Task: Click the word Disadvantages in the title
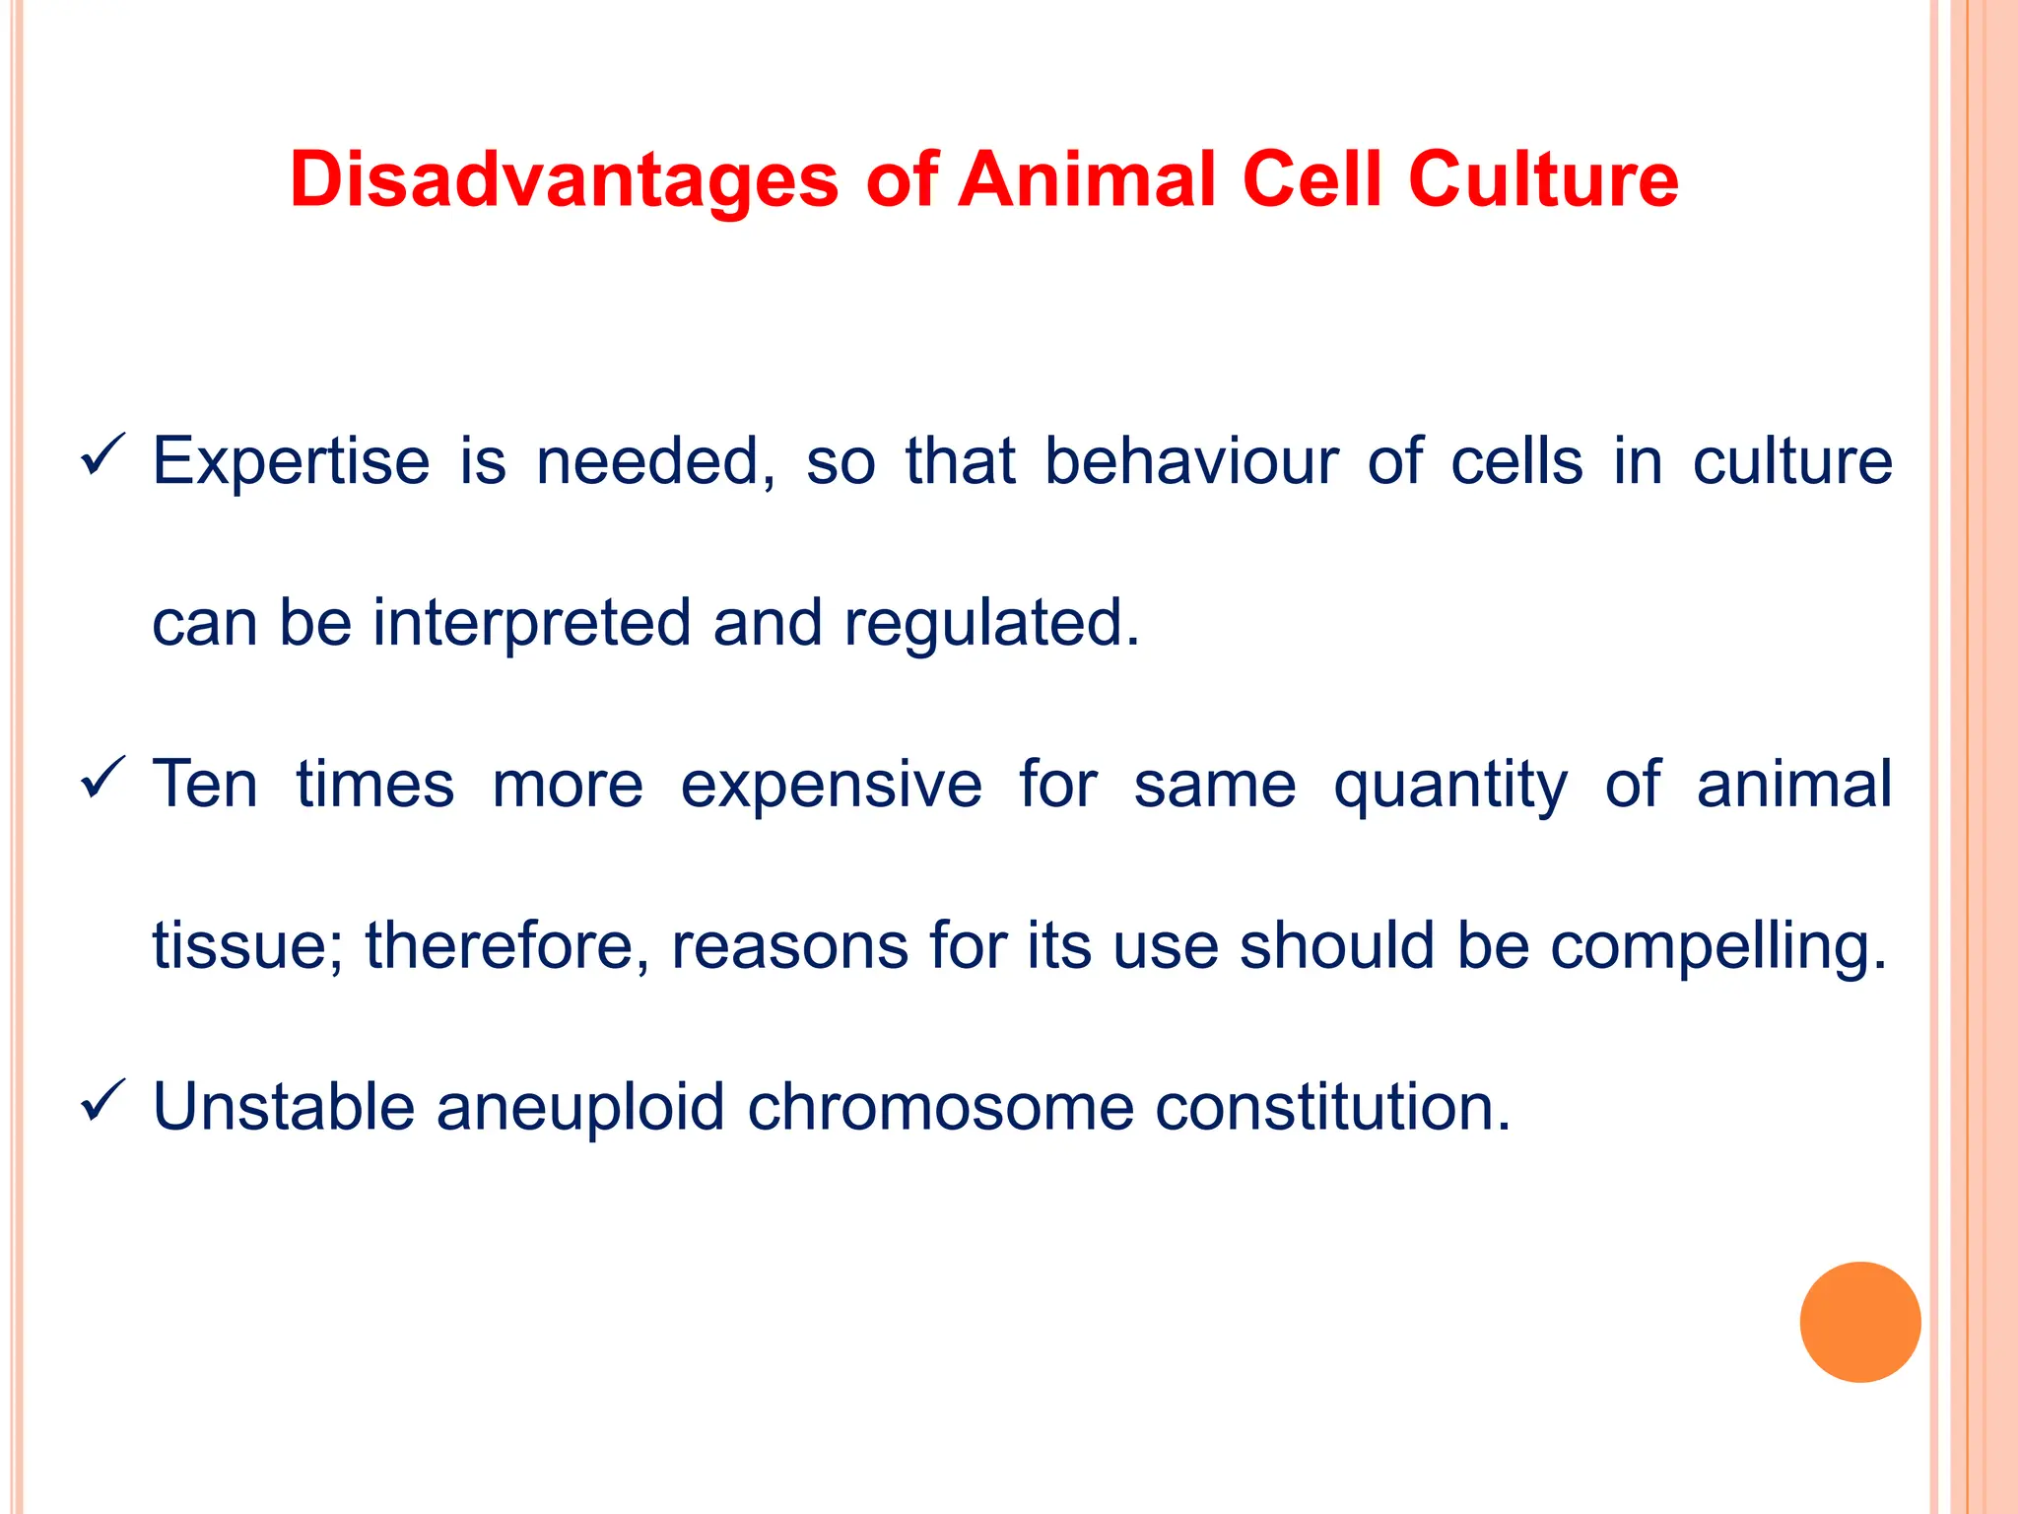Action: (564, 180)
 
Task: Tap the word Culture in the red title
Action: (1543, 180)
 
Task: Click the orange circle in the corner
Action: (1859, 1322)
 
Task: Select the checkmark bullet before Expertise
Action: (102, 454)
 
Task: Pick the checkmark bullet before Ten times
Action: (102, 778)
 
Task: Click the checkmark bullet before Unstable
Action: (102, 1100)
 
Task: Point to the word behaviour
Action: (1191, 461)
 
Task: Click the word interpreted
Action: (531, 623)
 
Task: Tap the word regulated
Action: (991, 625)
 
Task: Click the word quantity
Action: (1449, 786)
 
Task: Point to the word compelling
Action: (1717, 946)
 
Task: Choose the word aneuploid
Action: (580, 1108)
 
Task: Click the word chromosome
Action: (940, 1107)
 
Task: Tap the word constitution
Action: (1332, 1107)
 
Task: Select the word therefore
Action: (507, 946)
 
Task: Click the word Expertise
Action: (291, 461)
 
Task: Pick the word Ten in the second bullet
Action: (205, 785)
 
